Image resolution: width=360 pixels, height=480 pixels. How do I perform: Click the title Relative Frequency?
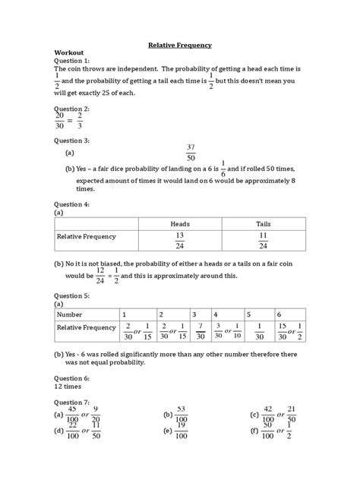tap(179, 46)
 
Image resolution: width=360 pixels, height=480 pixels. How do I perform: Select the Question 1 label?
tap(72, 62)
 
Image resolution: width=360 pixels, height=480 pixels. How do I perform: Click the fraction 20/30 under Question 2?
tap(60, 120)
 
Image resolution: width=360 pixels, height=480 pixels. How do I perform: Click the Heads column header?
tap(179, 224)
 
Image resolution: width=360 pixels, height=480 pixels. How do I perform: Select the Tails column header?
tap(263, 224)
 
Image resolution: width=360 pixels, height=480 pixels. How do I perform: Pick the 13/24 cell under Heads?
tap(179, 241)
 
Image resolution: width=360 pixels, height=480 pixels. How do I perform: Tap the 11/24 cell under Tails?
tap(263, 241)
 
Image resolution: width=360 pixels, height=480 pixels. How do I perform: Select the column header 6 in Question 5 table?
tap(279, 314)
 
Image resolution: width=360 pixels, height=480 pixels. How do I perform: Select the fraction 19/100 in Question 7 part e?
tap(181, 431)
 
